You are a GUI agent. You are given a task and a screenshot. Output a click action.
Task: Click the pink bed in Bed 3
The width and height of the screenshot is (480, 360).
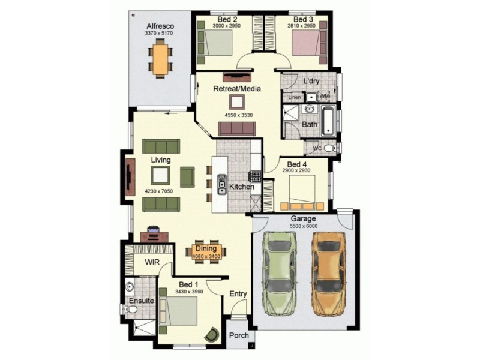click(x=306, y=44)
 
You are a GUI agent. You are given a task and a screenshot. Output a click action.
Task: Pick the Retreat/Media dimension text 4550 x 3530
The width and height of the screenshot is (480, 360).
click(x=239, y=115)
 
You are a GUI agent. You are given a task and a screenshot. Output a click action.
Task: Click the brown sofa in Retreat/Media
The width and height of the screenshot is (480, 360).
click(x=236, y=128)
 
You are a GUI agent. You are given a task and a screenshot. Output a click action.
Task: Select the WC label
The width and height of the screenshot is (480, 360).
click(x=317, y=148)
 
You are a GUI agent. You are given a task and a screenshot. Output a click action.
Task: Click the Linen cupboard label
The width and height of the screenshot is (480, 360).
click(x=294, y=97)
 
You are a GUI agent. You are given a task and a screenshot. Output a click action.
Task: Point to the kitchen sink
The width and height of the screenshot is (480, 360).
click(x=221, y=187)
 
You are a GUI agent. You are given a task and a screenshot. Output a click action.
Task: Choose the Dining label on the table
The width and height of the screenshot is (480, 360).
click(x=206, y=248)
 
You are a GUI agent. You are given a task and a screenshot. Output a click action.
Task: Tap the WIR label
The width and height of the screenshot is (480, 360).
click(x=151, y=262)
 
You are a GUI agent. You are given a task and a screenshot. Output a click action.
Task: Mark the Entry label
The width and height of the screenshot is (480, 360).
click(x=238, y=294)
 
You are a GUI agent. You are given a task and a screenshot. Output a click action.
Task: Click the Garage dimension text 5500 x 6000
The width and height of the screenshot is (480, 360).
click(x=304, y=226)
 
